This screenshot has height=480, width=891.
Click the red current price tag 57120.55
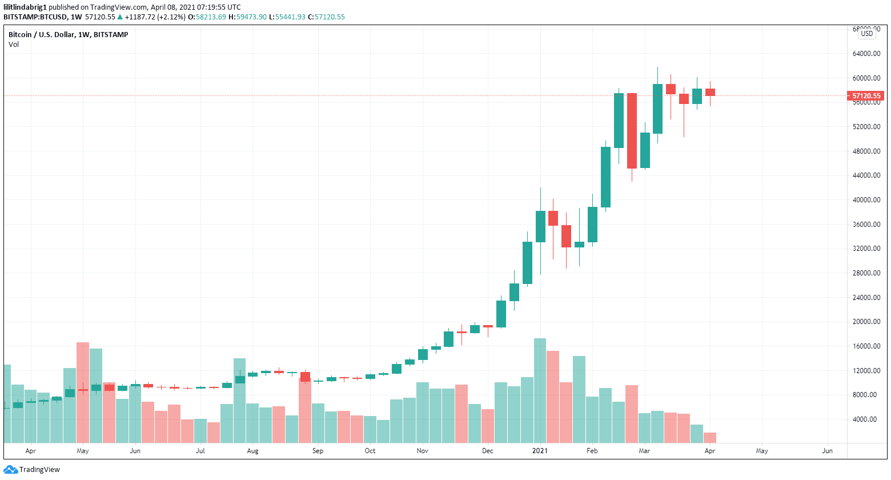coord(866,96)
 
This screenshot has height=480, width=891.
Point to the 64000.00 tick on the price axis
coord(866,54)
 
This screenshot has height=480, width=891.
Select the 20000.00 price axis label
coord(866,322)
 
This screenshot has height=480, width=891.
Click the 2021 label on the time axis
coord(540,451)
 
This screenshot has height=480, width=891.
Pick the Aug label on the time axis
coord(252,451)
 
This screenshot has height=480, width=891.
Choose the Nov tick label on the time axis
coord(422,451)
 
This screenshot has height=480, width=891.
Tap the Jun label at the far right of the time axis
coord(827,451)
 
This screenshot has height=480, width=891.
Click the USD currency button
coord(867,34)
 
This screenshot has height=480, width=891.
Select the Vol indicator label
coord(14,45)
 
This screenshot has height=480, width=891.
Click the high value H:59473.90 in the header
coord(247,17)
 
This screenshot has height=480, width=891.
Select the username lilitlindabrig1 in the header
coord(25,7)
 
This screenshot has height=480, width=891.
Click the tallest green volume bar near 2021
coord(540,391)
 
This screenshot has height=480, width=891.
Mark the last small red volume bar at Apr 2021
coord(710,438)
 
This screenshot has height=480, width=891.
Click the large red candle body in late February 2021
coord(632,131)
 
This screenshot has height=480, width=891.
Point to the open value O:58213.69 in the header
coord(207,17)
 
